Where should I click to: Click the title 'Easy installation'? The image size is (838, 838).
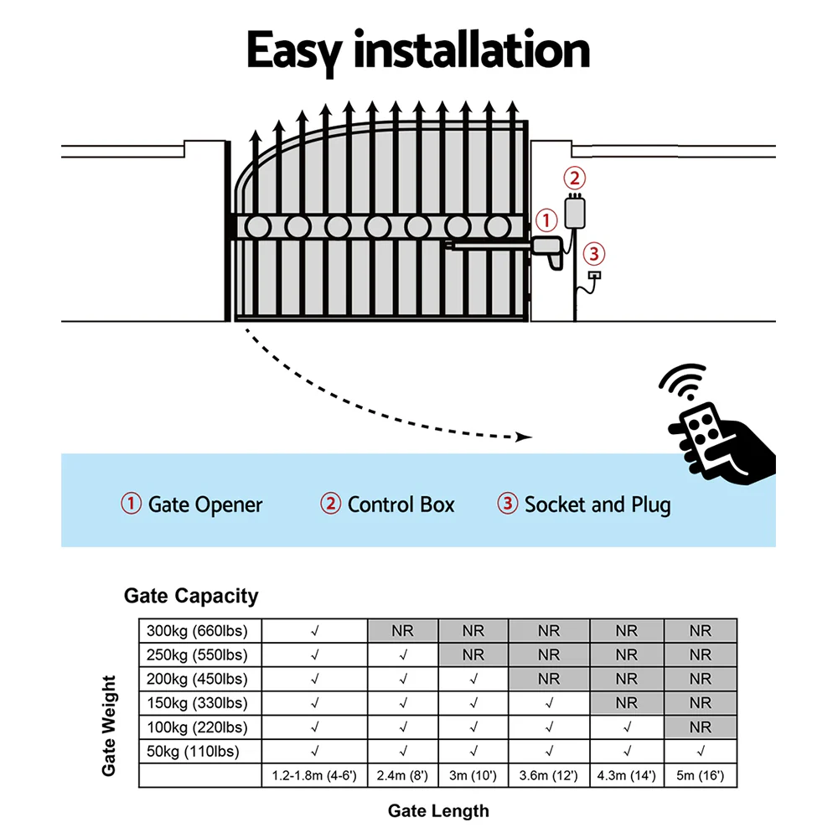tap(418, 52)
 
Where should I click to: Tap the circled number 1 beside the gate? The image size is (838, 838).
tap(546, 221)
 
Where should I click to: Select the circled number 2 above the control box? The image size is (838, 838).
tap(574, 178)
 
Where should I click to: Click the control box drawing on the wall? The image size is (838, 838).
tap(576, 211)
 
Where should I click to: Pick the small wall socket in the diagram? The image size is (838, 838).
tap(595, 275)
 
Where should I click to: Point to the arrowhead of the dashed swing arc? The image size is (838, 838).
tap(525, 437)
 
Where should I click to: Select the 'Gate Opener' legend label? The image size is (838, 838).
tap(204, 504)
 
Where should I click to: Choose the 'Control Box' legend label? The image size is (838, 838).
tap(401, 504)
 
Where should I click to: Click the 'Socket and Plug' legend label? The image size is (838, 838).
tap(597, 504)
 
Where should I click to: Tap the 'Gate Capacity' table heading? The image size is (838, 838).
tap(191, 596)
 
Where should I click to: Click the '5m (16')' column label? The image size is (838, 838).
tap(700, 776)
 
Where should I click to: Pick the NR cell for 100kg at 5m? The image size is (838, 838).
tap(700, 727)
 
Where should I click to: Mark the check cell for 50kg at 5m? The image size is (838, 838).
tap(700, 752)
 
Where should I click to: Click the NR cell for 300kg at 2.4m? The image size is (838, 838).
tap(403, 631)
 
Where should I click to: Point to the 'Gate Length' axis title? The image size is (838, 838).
tap(437, 810)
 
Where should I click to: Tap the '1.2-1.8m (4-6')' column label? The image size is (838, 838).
tap(314, 776)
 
